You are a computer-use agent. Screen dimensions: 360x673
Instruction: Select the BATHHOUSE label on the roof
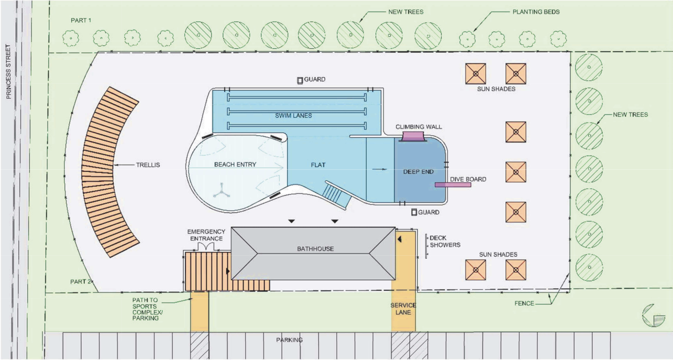point(312,248)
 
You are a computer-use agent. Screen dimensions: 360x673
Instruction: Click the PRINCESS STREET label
point(8,72)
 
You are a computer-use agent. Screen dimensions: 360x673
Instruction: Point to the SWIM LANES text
point(294,115)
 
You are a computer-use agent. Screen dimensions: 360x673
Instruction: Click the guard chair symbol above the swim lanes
point(300,80)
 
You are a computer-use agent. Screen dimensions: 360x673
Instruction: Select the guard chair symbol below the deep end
point(414,212)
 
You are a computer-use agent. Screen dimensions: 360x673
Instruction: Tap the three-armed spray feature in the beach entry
point(221,191)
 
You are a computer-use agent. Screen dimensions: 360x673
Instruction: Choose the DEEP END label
point(418,171)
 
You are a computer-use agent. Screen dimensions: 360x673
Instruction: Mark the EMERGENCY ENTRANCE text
point(206,235)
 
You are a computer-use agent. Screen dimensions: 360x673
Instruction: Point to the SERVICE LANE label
point(403,309)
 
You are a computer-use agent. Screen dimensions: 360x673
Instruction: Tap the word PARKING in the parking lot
point(290,340)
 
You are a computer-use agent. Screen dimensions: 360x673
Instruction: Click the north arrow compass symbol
point(653,315)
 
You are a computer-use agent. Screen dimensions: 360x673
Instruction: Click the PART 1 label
point(81,20)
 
